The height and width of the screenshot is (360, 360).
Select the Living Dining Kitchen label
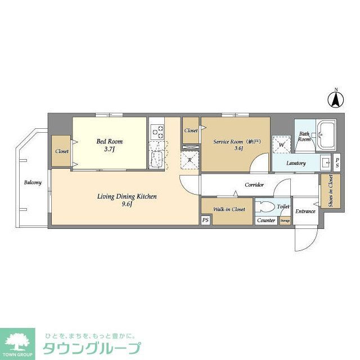(x=127, y=196)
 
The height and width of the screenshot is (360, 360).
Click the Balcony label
(x=32, y=183)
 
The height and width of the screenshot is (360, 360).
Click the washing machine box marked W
(x=281, y=144)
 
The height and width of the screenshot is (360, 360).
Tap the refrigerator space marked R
(x=190, y=160)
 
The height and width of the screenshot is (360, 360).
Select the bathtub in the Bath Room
(x=326, y=135)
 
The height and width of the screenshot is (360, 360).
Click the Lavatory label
(x=295, y=164)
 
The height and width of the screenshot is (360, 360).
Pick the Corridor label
(x=254, y=184)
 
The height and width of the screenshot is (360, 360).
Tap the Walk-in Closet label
(x=229, y=209)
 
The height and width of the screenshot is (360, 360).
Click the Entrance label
(x=305, y=211)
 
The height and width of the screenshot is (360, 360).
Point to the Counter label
(x=266, y=220)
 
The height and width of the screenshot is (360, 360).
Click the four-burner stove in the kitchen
(x=157, y=132)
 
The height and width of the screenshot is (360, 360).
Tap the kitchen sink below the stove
(x=157, y=159)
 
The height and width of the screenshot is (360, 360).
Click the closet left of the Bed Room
(x=61, y=151)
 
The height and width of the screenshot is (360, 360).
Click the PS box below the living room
(x=205, y=220)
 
